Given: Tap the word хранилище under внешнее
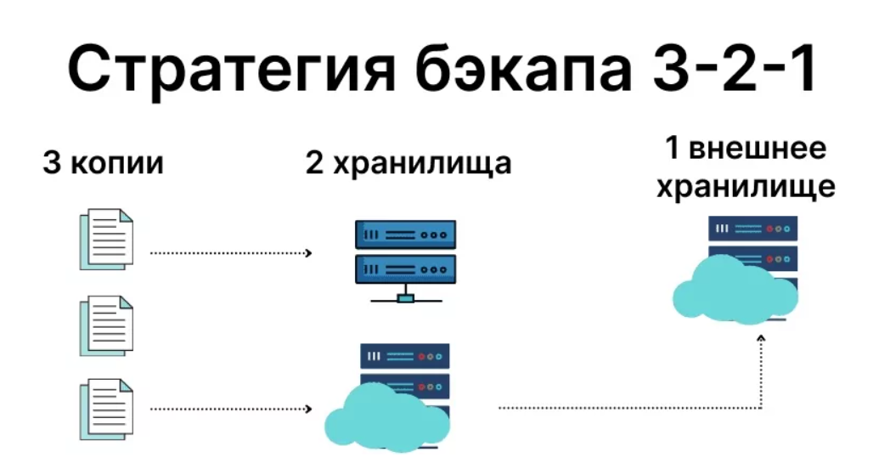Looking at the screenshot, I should click(744, 186).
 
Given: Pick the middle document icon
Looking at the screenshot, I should click(106, 325).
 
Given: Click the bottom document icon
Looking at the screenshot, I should click(106, 409).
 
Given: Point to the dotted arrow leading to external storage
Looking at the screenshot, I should click(628, 409).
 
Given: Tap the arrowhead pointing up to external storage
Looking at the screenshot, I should click(761, 340).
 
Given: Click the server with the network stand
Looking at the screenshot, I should click(405, 251).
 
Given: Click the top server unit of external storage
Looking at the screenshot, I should click(752, 229).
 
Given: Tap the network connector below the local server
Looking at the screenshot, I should click(405, 297).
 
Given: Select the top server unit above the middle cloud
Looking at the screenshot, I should click(404, 355).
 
